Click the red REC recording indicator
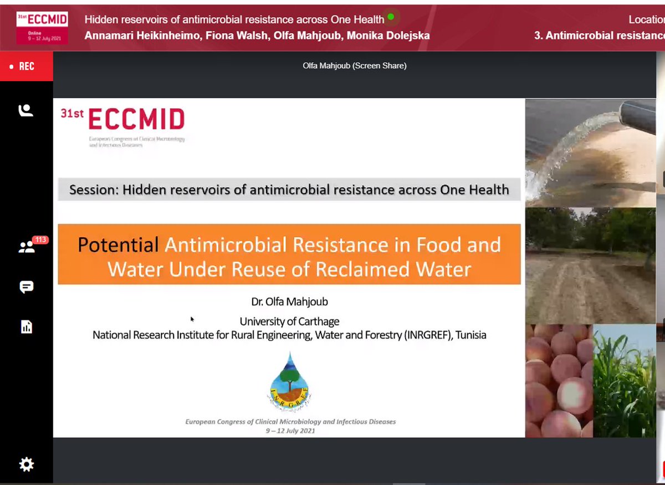point(26,67)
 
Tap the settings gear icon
point(26,464)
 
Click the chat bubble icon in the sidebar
point(26,287)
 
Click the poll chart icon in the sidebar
point(26,327)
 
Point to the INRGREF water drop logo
point(289,381)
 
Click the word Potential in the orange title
point(118,244)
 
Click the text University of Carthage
point(289,321)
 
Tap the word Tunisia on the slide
point(470,335)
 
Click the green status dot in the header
point(391,17)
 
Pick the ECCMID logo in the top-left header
point(42,26)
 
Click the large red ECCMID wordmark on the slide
point(136,119)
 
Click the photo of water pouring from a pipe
point(590,152)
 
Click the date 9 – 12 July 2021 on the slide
point(290,430)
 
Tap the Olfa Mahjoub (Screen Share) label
point(355,65)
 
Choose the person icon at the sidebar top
point(26,111)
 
